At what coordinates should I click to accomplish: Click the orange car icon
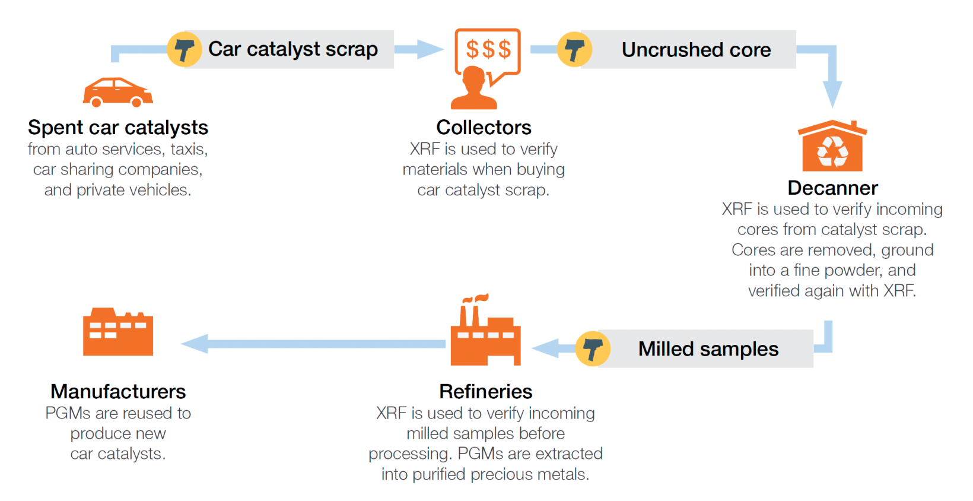tap(117, 92)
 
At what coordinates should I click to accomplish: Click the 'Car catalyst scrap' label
tap(292, 49)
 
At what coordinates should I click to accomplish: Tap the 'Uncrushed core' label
tap(696, 50)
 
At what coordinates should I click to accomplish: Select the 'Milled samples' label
tap(708, 349)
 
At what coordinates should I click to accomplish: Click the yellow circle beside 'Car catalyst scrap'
tap(184, 49)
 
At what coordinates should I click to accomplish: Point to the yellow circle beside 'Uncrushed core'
tap(574, 49)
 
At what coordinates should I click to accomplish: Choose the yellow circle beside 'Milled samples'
tap(593, 349)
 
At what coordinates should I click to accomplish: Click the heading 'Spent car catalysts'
tap(117, 127)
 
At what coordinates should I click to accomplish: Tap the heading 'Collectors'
tap(484, 127)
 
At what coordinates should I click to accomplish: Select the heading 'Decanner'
tap(833, 188)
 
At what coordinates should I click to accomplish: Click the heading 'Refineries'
tap(485, 391)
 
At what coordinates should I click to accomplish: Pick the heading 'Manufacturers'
tap(118, 391)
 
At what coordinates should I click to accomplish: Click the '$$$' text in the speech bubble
tap(488, 49)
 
